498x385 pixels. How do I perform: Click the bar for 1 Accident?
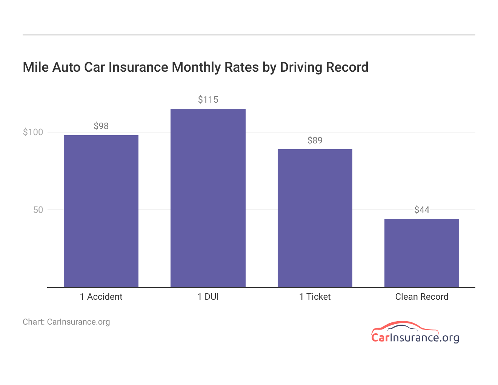pyautogui.click(x=101, y=211)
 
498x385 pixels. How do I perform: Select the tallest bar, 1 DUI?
pyautogui.click(x=208, y=198)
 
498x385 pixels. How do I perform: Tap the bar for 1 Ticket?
pyautogui.click(x=315, y=218)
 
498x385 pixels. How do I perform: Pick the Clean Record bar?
pyautogui.click(x=422, y=253)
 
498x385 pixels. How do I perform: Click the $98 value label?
pyautogui.click(x=101, y=126)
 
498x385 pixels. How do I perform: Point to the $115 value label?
pyautogui.click(x=208, y=100)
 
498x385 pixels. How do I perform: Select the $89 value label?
pyautogui.click(x=315, y=140)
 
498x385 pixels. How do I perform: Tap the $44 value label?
pyautogui.click(x=422, y=210)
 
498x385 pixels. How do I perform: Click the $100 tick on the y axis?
pyautogui.click(x=33, y=132)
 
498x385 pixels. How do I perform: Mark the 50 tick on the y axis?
pyautogui.click(x=38, y=210)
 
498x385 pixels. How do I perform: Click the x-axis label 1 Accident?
pyautogui.click(x=101, y=297)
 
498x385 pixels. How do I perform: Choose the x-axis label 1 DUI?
pyautogui.click(x=208, y=297)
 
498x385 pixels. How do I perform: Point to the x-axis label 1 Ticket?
pyautogui.click(x=315, y=297)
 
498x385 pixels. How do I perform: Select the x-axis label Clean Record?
pyautogui.click(x=422, y=297)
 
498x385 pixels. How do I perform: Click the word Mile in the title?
pyautogui.click(x=36, y=67)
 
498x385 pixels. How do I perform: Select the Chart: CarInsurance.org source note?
pyautogui.click(x=66, y=322)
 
